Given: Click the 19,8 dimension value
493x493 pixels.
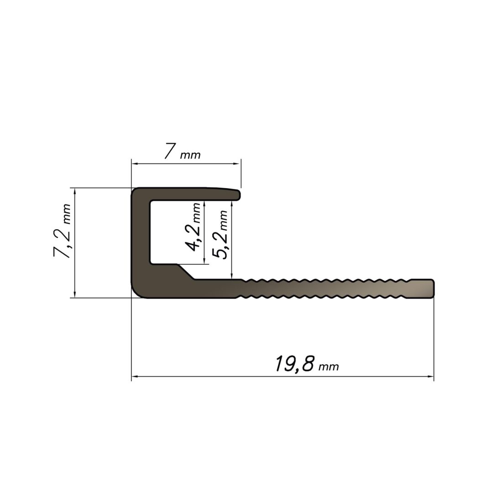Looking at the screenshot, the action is point(294,364).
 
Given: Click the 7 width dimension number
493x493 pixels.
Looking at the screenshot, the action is point(170,152).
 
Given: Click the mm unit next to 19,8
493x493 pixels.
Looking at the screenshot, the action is point(329,367).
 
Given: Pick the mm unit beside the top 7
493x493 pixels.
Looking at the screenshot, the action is point(190,155).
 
